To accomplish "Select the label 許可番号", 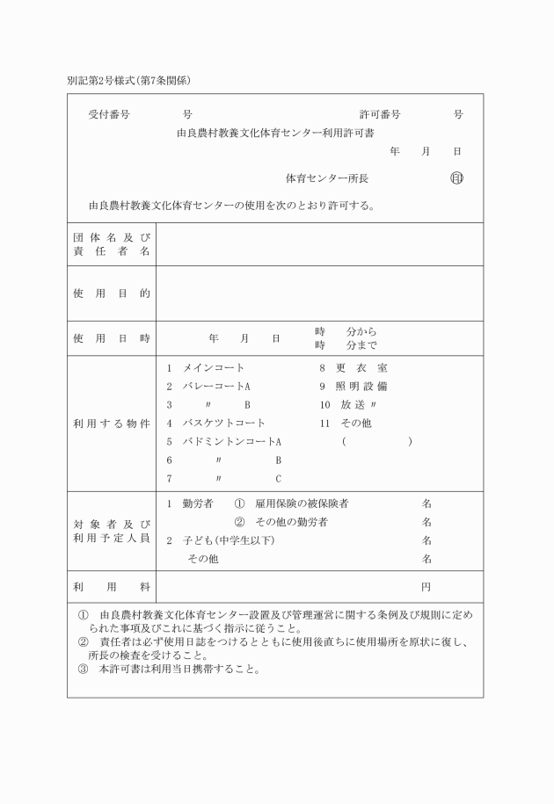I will point(380,115).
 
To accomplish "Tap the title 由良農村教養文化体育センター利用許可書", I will point(275,134).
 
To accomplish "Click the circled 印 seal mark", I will point(456,178).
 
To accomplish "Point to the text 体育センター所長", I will point(327,178).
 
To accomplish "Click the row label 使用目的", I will point(111,293).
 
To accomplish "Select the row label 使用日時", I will point(111,338).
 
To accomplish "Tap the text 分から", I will point(361,331).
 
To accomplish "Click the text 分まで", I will point(361,345).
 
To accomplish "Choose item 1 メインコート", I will point(206,367).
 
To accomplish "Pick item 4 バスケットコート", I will point(216,423).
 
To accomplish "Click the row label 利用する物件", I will point(111,424).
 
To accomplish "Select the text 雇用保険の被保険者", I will point(302,503).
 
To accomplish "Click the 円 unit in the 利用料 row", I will point(426,586).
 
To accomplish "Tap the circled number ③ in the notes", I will point(84,669).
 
